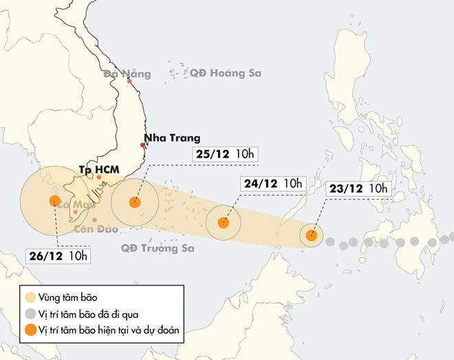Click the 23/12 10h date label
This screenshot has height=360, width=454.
(x=358, y=189)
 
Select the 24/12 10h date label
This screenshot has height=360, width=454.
(x=272, y=183)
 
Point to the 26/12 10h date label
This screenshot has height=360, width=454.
(x=59, y=256)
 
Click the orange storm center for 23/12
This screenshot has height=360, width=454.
(x=311, y=235)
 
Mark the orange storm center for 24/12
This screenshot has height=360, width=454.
(x=223, y=222)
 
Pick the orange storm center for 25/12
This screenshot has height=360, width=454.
(x=135, y=202)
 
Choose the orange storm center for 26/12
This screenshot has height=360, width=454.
(x=54, y=200)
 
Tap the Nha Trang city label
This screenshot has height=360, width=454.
(x=166, y=137)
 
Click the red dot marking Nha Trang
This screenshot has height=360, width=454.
(x=143, y=145)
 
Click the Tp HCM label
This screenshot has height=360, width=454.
(x=99, y=168)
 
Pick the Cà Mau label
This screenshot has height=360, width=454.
(x=74, y=204)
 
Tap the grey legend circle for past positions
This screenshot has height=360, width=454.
(x=29, y=314)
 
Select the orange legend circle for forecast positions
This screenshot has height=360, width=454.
(x=29, y=330)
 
